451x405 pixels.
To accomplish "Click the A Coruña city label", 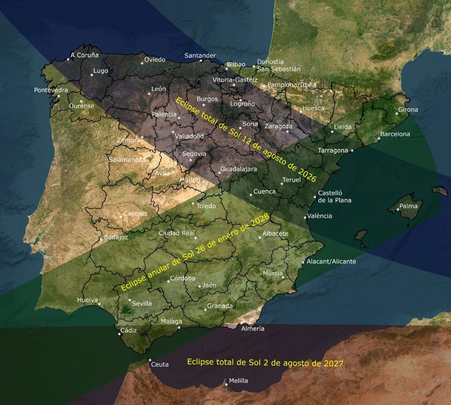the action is pos(85,55).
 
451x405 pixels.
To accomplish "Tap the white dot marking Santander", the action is pos(201,61).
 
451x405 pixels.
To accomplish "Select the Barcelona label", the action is pos(395,134).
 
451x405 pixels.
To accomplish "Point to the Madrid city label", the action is pos(190,180).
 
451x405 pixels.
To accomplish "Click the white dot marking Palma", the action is pos(398,210).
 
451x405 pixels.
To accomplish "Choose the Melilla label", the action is pos(238,381).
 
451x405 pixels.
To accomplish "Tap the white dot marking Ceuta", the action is pos(150,360).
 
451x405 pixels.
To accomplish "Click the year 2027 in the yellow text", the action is pos(333,363).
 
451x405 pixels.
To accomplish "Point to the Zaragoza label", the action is pos(278,126).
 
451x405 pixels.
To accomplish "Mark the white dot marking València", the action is pos(305,217).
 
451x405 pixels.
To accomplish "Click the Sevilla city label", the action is pos(142,304).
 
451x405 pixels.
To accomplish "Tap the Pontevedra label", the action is pos(51,90).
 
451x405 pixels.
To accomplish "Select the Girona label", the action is pos(408,110).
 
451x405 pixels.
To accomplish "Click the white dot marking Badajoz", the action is pos(101,240).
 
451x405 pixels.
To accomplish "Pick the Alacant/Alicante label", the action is pos(331,261).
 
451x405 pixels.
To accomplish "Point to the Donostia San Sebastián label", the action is pos(278,65).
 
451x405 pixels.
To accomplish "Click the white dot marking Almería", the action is pos(242,323).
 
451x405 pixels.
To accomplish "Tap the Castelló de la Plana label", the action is pos(335,197).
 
